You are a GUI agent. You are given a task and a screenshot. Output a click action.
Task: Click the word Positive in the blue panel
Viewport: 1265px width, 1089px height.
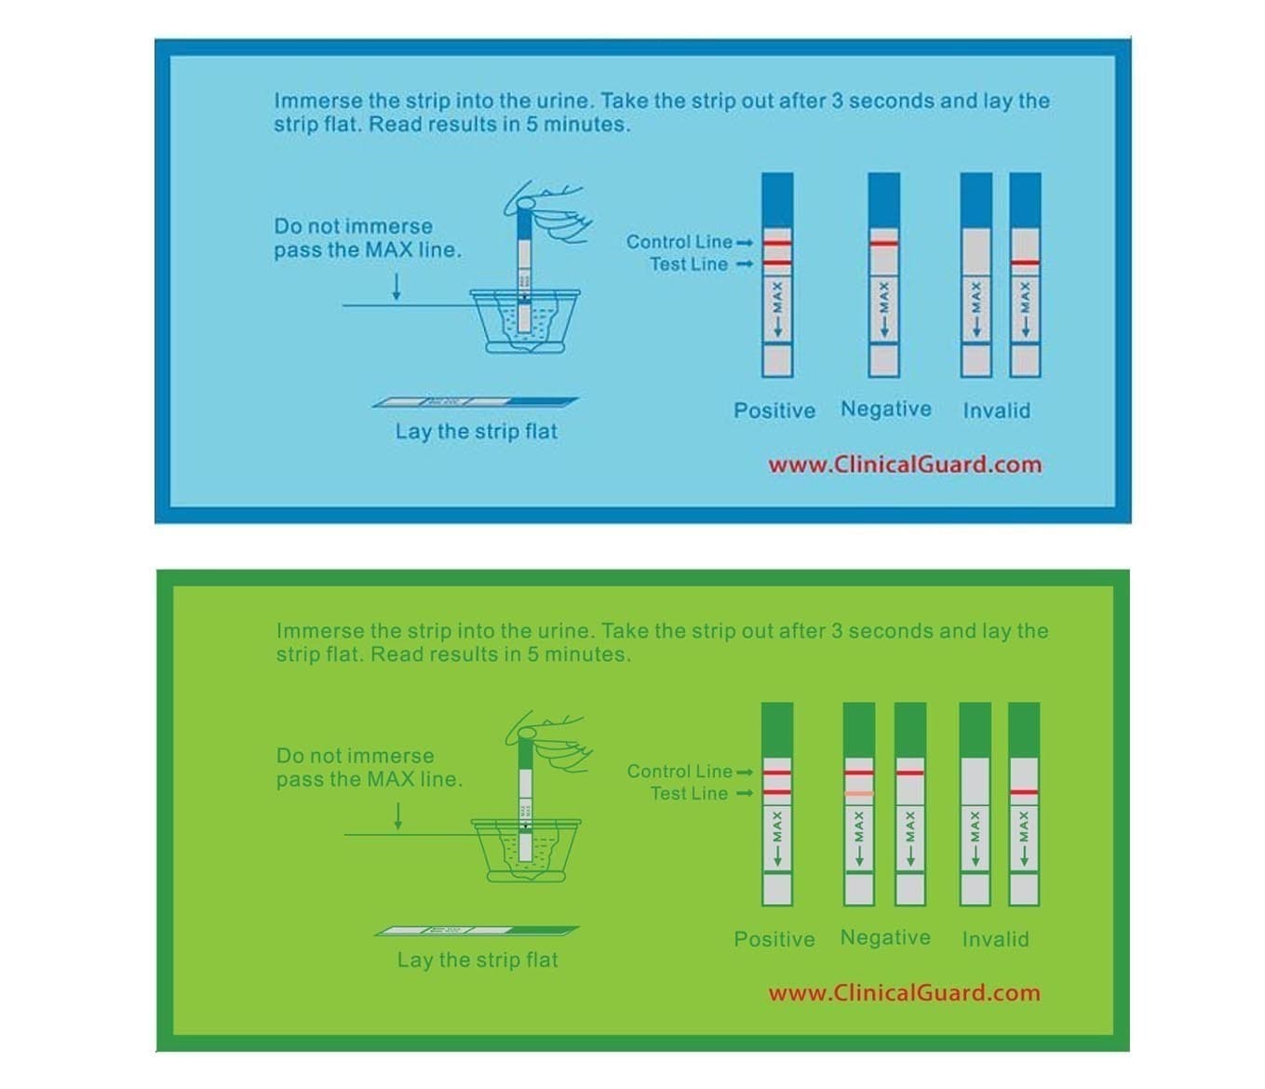[774, 410]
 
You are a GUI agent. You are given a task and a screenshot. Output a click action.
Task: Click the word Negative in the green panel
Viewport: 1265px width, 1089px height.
[885, 937]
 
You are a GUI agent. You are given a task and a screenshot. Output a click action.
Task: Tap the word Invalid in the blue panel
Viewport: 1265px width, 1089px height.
[996, 410]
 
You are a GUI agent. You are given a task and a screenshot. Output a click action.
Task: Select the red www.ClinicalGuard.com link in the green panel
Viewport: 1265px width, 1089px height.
[904, 993]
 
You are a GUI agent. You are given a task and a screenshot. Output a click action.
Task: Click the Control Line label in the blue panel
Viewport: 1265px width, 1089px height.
[679, 242]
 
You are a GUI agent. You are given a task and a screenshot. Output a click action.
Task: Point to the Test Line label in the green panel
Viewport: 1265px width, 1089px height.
[689, 793]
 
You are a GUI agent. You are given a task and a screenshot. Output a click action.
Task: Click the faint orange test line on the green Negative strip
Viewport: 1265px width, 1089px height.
[858, 793]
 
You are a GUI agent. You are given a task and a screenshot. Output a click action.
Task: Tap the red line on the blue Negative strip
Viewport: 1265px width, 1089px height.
[883, 243]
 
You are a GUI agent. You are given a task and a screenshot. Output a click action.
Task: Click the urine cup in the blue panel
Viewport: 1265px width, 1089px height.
[524, 321]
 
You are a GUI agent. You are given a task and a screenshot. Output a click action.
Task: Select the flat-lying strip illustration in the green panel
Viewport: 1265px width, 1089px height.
[477, 931]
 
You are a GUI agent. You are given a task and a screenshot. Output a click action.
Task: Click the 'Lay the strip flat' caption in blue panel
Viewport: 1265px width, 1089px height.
[477, 431]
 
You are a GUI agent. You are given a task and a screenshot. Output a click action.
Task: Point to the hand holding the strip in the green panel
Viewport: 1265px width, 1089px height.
[547, 742]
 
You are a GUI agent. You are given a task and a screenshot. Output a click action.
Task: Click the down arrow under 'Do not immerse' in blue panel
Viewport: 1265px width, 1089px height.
[397, 286]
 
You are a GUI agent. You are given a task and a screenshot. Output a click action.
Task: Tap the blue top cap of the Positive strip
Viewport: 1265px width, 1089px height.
[777, 200]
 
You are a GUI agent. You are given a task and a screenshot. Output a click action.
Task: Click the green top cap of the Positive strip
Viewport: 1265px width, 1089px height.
[777, 731]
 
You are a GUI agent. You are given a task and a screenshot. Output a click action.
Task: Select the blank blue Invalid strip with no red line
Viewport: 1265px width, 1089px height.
[976, 275]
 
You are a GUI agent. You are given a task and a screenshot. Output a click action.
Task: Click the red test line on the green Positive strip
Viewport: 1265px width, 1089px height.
[777, 792]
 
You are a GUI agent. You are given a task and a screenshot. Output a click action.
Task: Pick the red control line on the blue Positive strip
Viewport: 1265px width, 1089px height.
[777, 242]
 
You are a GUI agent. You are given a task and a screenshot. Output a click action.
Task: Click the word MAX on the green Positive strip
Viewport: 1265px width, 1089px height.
[777, 827]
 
